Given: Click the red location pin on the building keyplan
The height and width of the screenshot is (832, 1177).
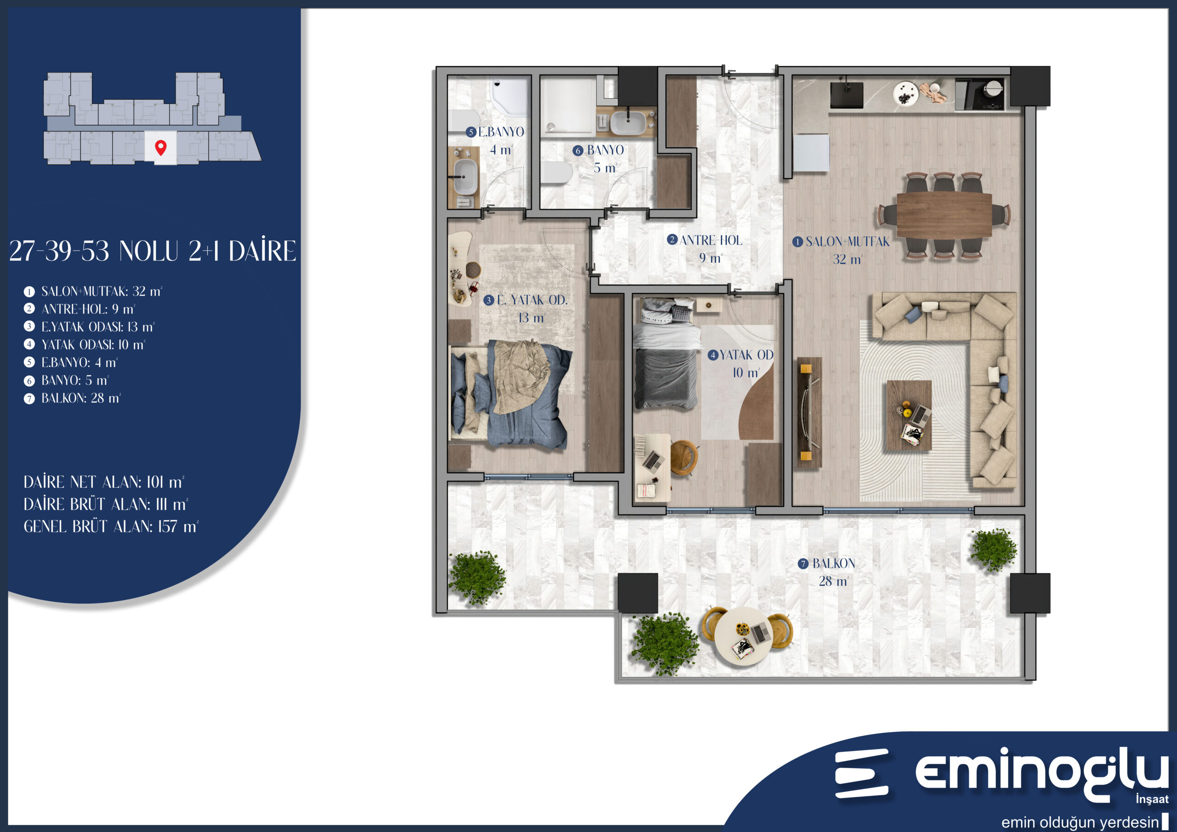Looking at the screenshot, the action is click(160, 148).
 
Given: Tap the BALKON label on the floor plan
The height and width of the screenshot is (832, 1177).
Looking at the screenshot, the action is click(833, 564).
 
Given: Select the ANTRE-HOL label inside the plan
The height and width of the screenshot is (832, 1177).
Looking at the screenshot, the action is click(710, 240).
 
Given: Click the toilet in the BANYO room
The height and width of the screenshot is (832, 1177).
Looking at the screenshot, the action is click(557, 172).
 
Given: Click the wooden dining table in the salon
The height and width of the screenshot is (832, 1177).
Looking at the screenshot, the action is click(944, 215).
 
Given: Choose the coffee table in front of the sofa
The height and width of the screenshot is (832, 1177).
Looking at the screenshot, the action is click(909, 415).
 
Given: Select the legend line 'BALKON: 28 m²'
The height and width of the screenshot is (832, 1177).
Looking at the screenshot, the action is click(81, 398).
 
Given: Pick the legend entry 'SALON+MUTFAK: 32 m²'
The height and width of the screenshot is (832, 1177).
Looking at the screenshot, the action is click(102, 291).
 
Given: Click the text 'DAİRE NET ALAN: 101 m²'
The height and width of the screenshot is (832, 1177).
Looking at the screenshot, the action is click(103, 482).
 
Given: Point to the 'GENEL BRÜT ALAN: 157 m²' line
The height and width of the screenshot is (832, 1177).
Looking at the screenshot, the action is click(111, 526).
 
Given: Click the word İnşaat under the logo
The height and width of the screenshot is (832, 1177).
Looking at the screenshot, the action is click(1152, 799).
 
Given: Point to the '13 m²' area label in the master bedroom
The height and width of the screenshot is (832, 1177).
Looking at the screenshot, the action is click(531, 318).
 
